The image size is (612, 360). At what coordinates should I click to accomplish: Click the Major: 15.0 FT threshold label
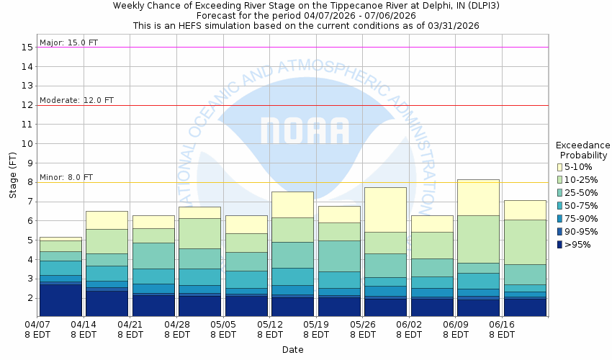tap(68, 42)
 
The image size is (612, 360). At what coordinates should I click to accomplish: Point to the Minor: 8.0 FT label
tap(66, 177)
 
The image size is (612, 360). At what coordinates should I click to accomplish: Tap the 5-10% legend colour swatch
tap(559, 167)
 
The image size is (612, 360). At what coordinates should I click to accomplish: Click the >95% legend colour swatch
tap(559, 245)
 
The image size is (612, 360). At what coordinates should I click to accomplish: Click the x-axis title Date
tap(292, 349)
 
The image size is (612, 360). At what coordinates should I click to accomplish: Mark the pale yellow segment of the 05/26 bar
tap(386, 210)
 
